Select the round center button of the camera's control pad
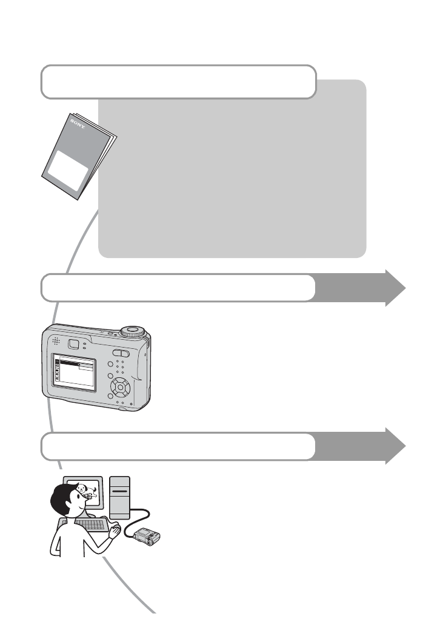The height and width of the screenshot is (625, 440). click(x=122, y=386)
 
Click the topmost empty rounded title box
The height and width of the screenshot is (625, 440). click(x=179, y=82)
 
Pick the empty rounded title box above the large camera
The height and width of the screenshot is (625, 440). click(x=179, y=288)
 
